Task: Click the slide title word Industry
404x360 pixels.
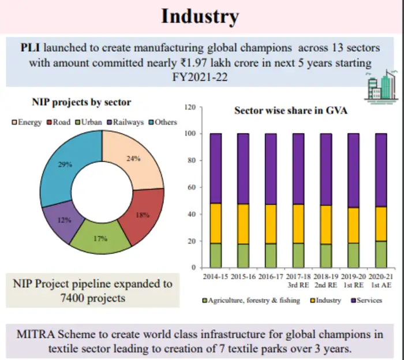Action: pyautogui.click(x=200, y=16)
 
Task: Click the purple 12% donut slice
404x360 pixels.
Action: pyautogui.click(x=65, y=219)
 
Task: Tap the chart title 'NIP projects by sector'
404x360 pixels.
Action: pyautogui.click(x=81, y=103)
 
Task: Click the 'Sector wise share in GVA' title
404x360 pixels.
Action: pyautogui.click(x=291, y=110)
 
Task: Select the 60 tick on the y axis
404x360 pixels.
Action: pyautogui.click(x=190, y=187)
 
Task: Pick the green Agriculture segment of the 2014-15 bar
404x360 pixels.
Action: pyautogui.click(x=215, y=255)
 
